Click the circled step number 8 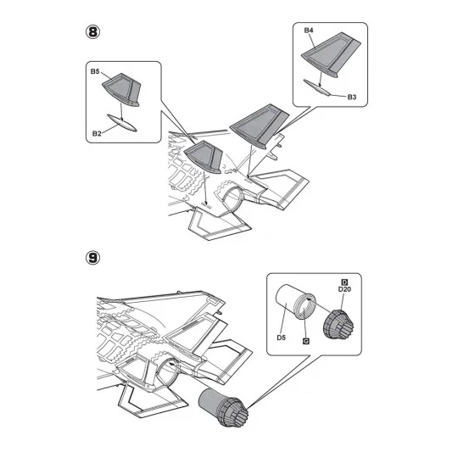tap(93, 32)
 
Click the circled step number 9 tap(93, 258)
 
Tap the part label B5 tap(95, 71)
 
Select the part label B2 tap(97, 133)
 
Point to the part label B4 tap(309, 31)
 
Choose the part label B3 tap(352, 97)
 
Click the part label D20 tap(344, 289)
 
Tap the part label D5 tap(281, 338)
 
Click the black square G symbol tap(306, 341)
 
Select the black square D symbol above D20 tap(344, 282)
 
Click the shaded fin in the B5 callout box tap(122, 89)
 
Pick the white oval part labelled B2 tap(122, 123)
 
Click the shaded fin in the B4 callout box tap(332, 54)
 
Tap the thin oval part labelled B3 tap(317, 87)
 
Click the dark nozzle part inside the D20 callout tap(338, 325)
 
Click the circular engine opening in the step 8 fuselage tap(232, 199)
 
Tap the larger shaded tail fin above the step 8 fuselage tap(260, 126)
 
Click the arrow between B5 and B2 tap(121, 110)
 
